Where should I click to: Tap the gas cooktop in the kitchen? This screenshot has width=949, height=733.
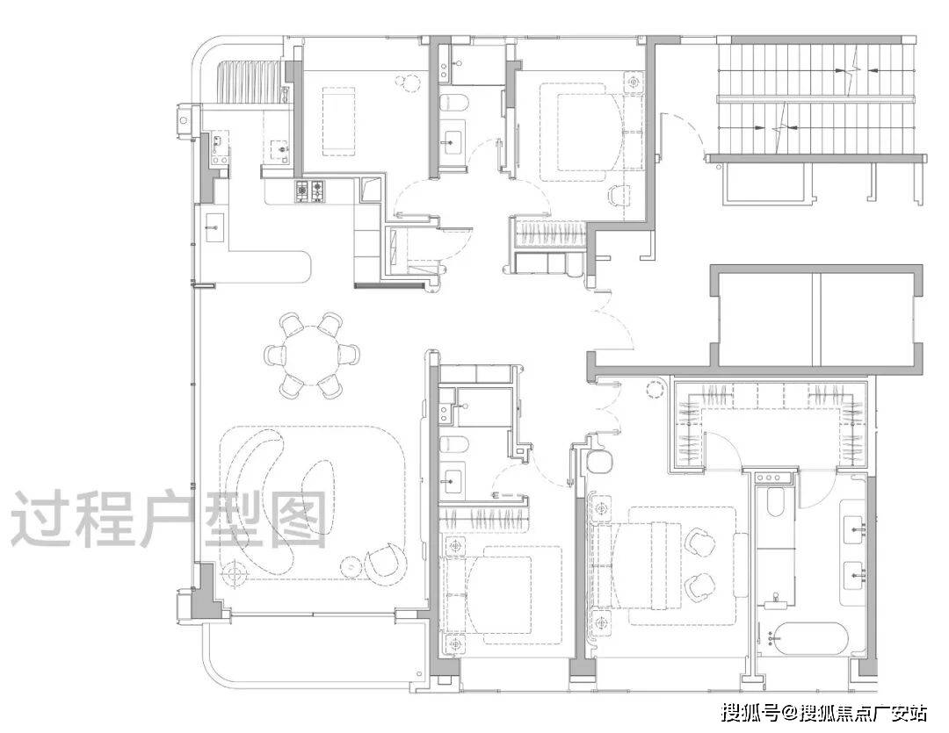[x=310, y=191]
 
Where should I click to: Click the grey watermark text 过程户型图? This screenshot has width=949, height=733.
[x=170, y=519]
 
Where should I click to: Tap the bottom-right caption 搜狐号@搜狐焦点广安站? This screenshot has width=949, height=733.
[x=823, y=713]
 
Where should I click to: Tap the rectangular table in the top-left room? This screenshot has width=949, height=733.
[x=339, y=121]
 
